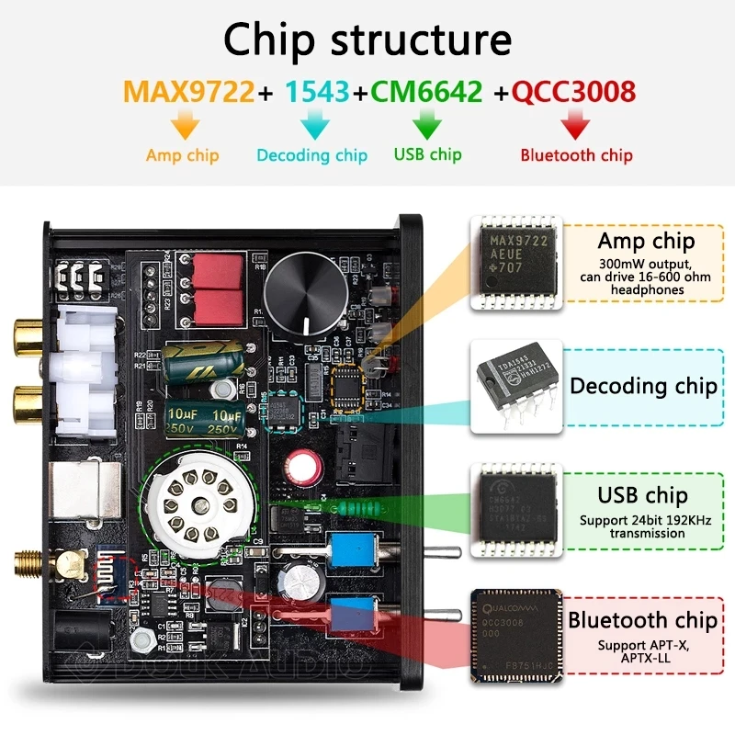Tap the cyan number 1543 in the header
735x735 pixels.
pyautogui.click(x=317, y=92)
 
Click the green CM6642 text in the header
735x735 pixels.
pyautogui.click(x=426, y=92)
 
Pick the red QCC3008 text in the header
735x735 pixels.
pyautogui.click(x=574, y=92)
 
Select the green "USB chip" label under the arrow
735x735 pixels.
pyautogui.click(x=427, y=153)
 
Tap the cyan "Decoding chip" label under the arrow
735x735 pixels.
pyautogui.click(x=312, y=155)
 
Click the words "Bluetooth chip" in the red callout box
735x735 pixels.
pyautogui.click(x=642, y=620)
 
